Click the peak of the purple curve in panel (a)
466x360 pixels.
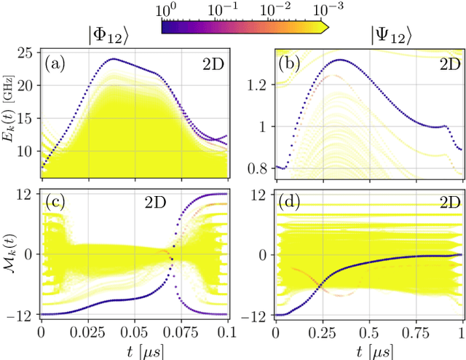(x=113, y=58)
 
